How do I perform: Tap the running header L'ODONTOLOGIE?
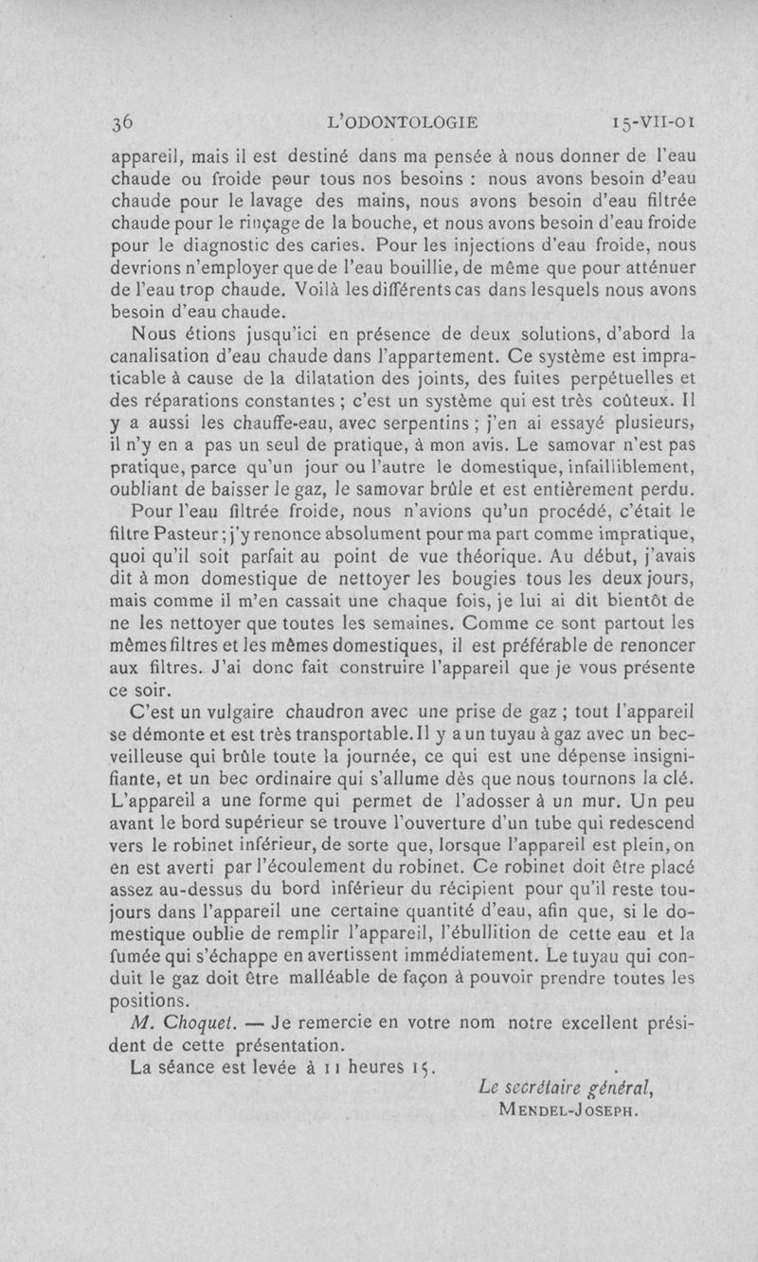coord(401,122)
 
